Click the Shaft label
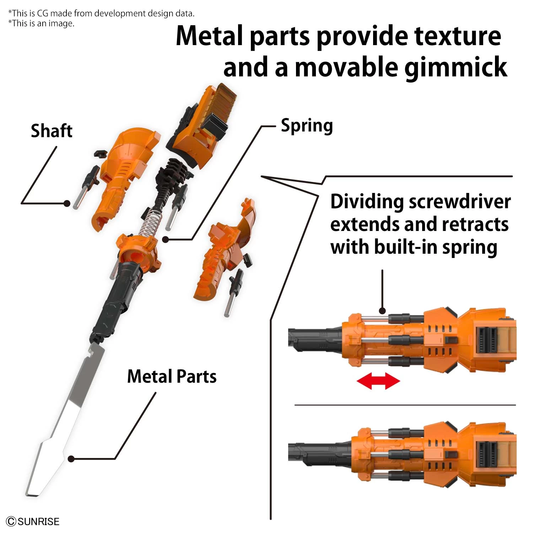pyautogui.click(x=52, y=131)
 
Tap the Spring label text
pyautogui.click(x=307, y=125)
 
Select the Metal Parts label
pyautogui.click(x=172, y=376)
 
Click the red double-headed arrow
pyautogui.click(x=378, y=381)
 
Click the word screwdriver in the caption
pyautogui.click(x=460, y=201)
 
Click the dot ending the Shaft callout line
pyautogui.click(x=66, y=203)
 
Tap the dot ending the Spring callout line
pyautogui.click(x=165, y=239)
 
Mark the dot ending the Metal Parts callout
pyautogui.click(x=71, y=459)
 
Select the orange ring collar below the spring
pyautogui.click(x=137, y=249)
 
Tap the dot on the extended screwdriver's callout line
pyautogui.click(x=382, y=311)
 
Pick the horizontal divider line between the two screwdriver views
pyautogui.click(x=405, y=405)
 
